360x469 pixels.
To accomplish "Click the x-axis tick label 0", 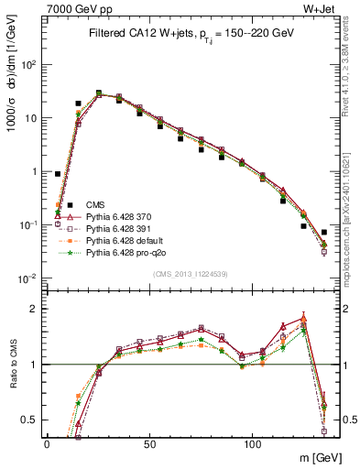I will pos(47,442).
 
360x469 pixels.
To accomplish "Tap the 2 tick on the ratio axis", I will pos(33,309).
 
